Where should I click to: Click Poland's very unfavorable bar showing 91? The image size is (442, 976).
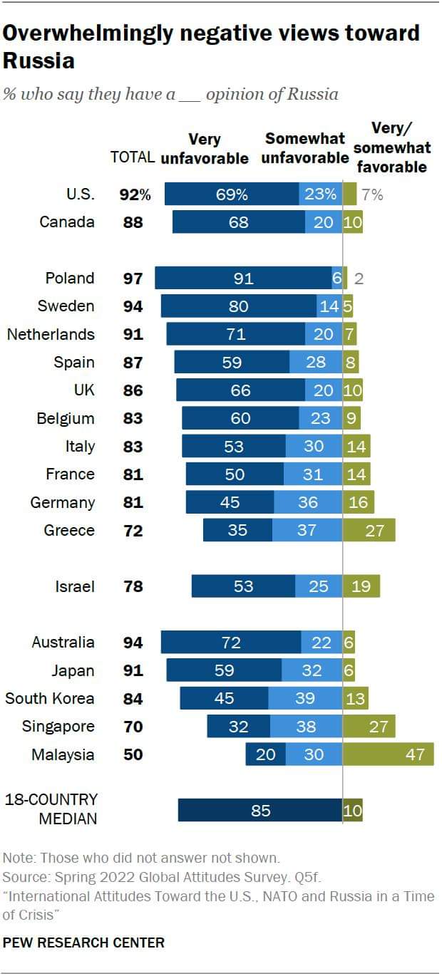[243, 278]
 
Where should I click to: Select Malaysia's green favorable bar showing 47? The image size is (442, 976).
[389, 754]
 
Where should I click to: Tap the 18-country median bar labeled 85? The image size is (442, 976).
[260, 810]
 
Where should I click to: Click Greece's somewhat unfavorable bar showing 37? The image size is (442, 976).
[307, 530]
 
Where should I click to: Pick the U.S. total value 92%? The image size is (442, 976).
[133, 194]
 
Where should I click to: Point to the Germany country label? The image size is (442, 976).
[62, 502]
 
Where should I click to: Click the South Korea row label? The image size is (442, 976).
[50, 698]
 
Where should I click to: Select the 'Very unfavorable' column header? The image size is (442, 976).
[205, 149]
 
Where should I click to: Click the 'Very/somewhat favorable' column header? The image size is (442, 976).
[391, 147]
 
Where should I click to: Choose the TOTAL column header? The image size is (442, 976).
[133, 157]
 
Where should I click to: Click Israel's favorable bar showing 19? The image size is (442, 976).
[361, 586]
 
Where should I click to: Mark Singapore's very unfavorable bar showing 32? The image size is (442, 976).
[238, 727]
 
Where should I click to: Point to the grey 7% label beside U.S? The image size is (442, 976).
[371, 194]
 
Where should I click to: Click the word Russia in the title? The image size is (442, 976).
[38, 61]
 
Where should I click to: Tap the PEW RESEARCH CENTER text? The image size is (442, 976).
[83, 943]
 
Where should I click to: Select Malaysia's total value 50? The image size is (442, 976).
[133, 754]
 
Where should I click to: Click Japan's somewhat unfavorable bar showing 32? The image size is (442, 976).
[312, 670]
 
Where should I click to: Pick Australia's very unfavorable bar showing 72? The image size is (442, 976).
[230, 643]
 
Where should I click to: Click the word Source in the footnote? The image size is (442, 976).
[22, 876]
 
